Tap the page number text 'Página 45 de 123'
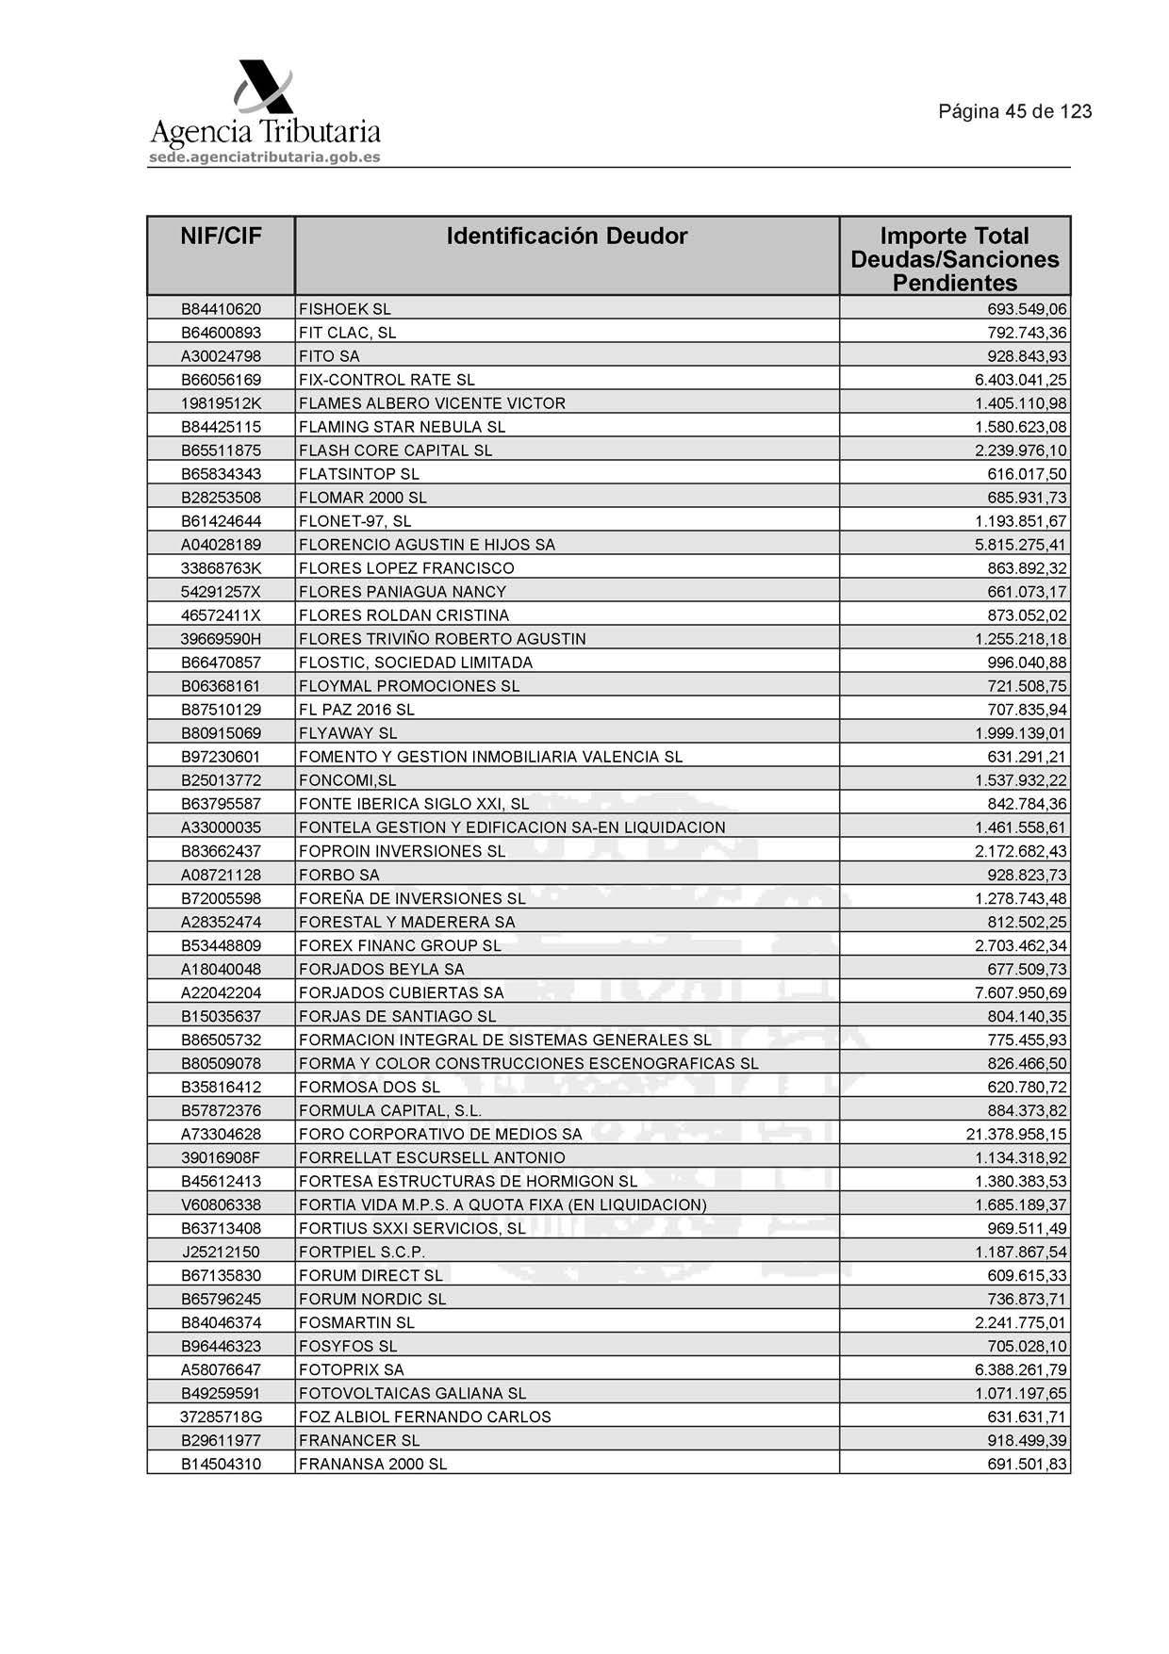click(1014, 111)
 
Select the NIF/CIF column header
click(221, 237)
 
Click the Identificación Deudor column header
click(567, 237)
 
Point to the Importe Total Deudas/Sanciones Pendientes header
click(954, 259)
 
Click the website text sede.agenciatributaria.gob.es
click(265, 157)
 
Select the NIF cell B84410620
click(221, 309)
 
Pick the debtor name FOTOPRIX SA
click(351, 1369)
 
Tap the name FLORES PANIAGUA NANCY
click(403, 592)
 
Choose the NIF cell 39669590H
click(221, 639)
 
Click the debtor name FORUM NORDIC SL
click(372, 1299)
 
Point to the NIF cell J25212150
click(221, 1252)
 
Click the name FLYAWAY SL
click(348, 733)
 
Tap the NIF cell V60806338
click(221, 1204)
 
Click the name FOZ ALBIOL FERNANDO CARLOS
click(424, 1417)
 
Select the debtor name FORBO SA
click(338, 875)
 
